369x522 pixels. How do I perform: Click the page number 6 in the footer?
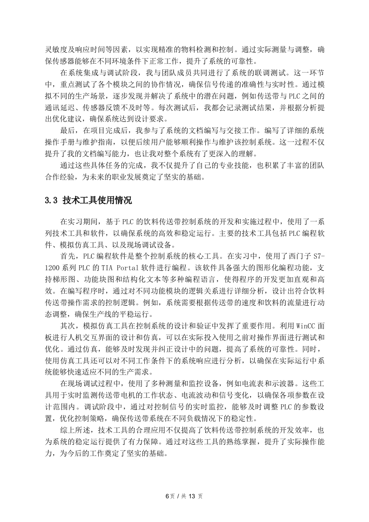166,495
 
